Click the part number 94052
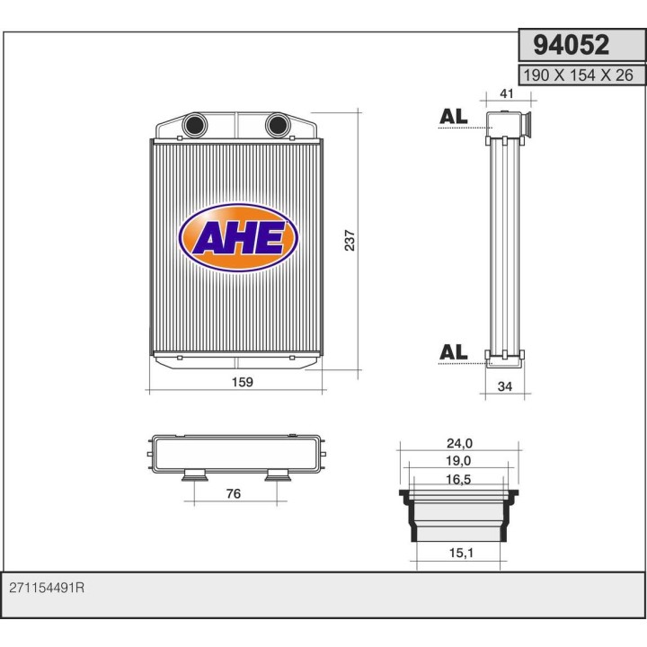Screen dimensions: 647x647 click(572, 45)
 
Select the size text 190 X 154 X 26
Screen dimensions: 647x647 click(578, 75)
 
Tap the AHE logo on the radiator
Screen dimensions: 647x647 click(238, 237)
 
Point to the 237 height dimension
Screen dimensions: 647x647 click(350, 240)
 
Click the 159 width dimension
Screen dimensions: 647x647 click(243, 382)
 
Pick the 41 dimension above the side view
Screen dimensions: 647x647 click(507, 93)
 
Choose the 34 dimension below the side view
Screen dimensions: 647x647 click(505, 386)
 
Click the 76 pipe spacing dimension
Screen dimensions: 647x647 click(234, 493)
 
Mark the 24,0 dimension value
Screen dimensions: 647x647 click(460, 443)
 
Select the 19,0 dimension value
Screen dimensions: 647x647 click(458, 460)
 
